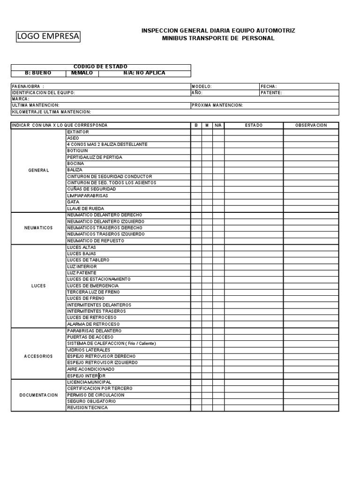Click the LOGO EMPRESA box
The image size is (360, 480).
coord(48,37)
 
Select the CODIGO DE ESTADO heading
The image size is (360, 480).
coord(100,67)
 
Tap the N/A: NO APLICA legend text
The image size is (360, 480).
coord(144,73)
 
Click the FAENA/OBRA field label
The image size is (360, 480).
coord(28,86)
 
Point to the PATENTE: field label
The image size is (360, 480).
coord(271,93)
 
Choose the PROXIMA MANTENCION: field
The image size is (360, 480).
coord(217,105)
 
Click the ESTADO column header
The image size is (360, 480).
coord(254,125)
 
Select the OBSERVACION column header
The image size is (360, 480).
coord(311,125)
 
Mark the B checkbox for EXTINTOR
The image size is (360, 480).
coord(196,132)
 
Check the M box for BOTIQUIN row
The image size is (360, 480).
coord(207,151)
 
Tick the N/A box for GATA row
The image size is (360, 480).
coord(218,202)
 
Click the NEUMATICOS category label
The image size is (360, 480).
coord(38,228)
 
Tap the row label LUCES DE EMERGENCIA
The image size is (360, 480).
coord(93,285)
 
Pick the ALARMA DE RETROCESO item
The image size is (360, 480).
coord(93,324)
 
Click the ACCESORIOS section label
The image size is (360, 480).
coord(38,356)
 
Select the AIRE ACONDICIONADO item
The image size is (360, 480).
coord(90,369)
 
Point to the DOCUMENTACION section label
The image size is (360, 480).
coord(38,395)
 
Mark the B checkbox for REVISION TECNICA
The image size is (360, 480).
coord(196,408)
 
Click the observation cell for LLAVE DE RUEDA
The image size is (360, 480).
coord(311,209)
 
